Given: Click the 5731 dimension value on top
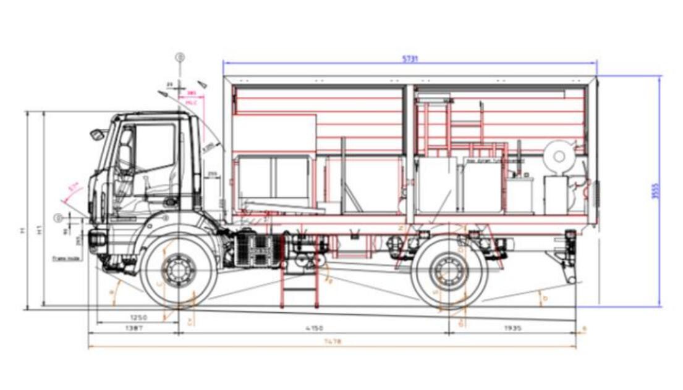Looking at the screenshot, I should pos(410,59).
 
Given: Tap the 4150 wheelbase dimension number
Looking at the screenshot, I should pos(315,328).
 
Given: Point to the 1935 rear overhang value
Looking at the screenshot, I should pos(512,328).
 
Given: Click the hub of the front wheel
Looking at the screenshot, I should pos(179,270).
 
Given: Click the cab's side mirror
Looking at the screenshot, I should pos(96,135).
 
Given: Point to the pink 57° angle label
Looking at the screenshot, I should pos(74,185).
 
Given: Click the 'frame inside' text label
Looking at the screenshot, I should pos(66,259).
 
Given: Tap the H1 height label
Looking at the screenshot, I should pos(40,230).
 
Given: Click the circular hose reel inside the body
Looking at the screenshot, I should pos(559,156).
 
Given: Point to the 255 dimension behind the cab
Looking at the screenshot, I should pos(212,175).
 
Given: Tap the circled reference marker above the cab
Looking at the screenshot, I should pos(180,57).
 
